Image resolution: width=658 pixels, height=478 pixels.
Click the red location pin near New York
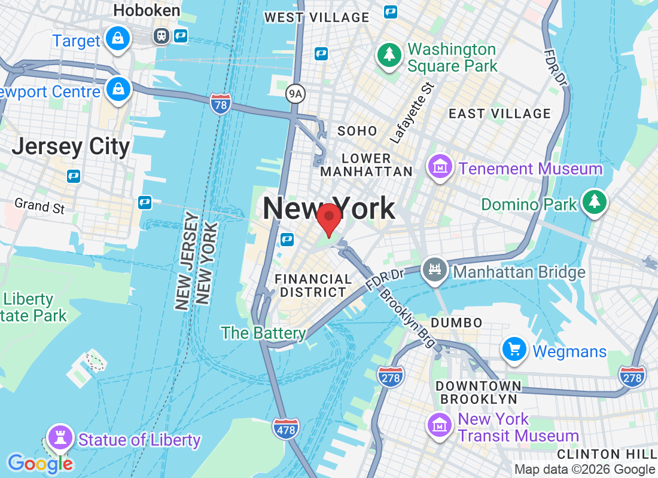pyautogui.click(x=328, y=219)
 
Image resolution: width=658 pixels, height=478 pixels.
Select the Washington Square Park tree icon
pyautogui.click(x=389, y=56)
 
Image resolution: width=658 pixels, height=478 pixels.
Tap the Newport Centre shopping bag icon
pyautogui.click(x=118, y=90)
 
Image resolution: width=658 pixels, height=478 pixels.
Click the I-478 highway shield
pyautogui.click(x=285, y=428)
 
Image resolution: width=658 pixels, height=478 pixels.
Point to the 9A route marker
pyautogui.click(x=295, y=93)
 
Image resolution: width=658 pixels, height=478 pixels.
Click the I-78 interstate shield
pyautogui.click(x=221, y=105)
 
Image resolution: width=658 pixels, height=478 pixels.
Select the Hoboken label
pyautogui.click(x=147, y=10)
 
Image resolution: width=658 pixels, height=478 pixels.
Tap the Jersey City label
pyautogui.click(x=71, y=146)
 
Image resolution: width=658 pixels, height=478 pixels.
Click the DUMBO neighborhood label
pyautogui.click(x=456, y=323)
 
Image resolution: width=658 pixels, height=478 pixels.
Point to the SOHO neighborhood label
pyautogui.click(x=357, y=131)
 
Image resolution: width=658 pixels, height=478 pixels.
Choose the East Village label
pyautogui.click(x=499, y=114)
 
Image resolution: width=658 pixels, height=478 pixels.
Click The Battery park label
pyautogui.click(x=263, y=333)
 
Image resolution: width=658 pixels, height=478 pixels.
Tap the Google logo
pyautogui.click(x=40, y=463)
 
